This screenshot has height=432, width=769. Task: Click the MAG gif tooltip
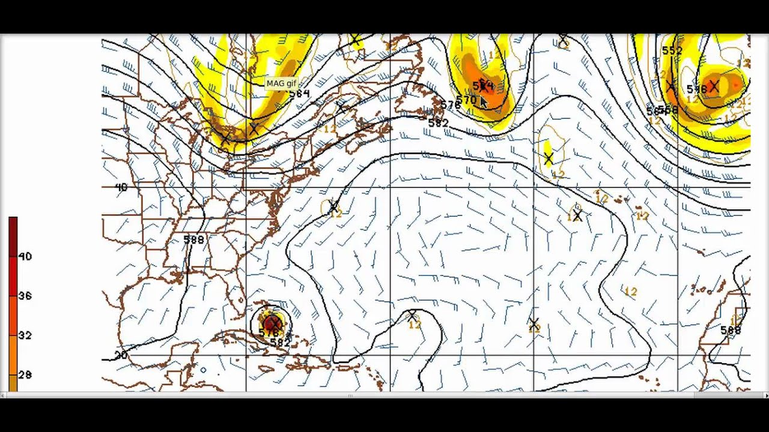coord(281,83)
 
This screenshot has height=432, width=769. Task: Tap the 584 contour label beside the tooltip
coord(299,94)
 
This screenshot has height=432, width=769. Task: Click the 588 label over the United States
coord(193,240)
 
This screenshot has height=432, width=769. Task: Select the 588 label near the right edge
coord(731,330)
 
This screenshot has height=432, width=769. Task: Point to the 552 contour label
coord(672,51)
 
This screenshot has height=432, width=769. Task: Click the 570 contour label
coord(466,100)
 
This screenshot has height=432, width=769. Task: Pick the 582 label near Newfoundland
coord(438,123)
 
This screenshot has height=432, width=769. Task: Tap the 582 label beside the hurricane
coord(280,343)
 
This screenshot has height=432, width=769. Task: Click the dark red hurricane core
coord(272,323)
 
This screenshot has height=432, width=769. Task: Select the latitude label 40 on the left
coord(121,187)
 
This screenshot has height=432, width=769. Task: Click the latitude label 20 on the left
coord(121,355)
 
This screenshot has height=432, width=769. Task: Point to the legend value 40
coord(25,256)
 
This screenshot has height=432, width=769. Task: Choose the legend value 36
coord(25,296)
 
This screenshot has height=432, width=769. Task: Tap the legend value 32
coord(25,335)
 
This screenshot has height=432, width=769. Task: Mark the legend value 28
coord(25,375)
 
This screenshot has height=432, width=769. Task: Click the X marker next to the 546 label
coord(714,86)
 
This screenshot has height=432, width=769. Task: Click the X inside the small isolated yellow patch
coord(549,159)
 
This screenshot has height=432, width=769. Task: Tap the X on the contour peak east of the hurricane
coord(412,315)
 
